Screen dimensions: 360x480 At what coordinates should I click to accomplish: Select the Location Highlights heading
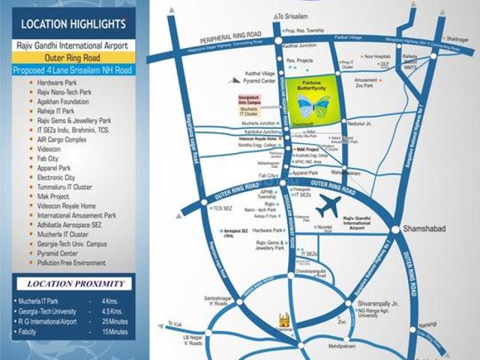pos(68,25)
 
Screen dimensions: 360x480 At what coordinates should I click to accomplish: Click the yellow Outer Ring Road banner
pos(73,57)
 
